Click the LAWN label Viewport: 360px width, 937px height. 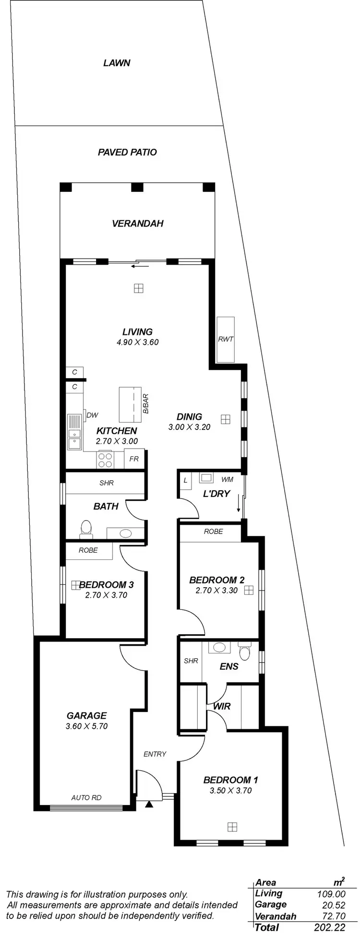[x=117, y=63]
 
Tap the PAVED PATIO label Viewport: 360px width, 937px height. [x=127, y=152]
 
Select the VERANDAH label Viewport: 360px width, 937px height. [x=137, y=223]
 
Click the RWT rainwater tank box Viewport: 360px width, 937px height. [x=226, y=339]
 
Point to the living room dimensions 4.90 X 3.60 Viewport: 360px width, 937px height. [x=137, y=342]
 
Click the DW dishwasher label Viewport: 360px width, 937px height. [x=92, y=415]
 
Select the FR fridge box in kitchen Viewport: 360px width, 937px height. [x=134, y=459]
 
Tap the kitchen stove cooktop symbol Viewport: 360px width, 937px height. [x=105, y=460]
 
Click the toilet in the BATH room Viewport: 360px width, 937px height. [x=86, y=528]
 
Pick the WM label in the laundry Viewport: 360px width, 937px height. [x=227, y=479]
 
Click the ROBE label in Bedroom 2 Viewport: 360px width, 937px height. [x=213, y=532]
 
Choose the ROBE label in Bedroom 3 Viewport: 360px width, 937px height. [x=88, y=550]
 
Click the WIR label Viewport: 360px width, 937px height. [x=221, y=706]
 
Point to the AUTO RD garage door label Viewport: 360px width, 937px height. [x=86, y=798]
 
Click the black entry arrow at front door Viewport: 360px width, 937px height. [x=149, y=804]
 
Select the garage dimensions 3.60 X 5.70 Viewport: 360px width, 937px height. [x=86, y=726]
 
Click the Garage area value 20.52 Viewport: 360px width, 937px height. [x=331, y=905]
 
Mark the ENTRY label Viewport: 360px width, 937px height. [x=155, y=754]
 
